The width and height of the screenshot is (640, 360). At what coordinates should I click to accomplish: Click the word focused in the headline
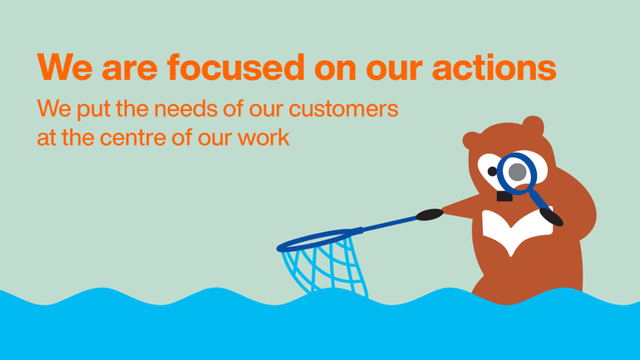tap(236, 67)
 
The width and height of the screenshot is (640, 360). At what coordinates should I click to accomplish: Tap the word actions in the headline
tap(494, 67)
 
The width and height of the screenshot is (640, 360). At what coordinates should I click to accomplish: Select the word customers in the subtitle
tap(343, 109)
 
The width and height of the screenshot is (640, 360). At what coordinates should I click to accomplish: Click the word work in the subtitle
tap(263, 137)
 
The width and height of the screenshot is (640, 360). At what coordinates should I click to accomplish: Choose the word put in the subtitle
tap(93, 110)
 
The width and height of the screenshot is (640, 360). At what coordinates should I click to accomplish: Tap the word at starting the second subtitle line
tap(47, 138)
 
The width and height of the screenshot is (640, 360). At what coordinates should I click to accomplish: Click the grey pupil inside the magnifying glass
tap(518, 172)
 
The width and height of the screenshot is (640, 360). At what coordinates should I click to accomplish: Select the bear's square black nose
tap(505, 196)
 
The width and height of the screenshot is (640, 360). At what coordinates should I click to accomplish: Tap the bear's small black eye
tap(492, 171)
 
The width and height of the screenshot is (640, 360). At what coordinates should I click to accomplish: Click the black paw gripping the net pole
tap(430, 215)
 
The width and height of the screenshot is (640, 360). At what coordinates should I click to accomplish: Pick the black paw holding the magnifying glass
tap(551, 217)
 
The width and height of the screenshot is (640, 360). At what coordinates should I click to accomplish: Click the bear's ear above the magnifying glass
tap(533, 126)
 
